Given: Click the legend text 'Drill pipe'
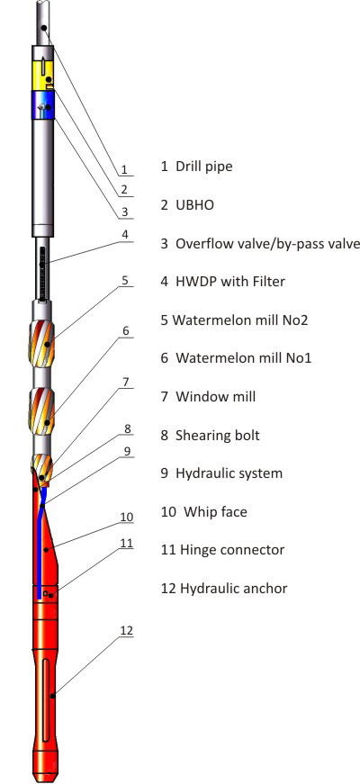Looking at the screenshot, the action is (204, 166).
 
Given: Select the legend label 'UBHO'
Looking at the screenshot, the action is (194, 204).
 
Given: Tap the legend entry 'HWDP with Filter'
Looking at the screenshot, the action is (230, 282).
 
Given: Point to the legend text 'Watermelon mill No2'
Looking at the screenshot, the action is (240, 320).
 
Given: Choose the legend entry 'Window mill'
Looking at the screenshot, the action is (215, 396).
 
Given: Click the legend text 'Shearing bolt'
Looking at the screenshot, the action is (218, 435).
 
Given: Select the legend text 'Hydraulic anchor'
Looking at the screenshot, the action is (233, 589).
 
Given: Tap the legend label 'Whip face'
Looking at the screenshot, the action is (215, 512).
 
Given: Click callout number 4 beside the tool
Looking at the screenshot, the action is (125, 234).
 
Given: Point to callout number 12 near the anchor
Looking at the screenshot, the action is (126, 630).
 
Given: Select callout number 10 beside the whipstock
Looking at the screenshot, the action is (127, 517).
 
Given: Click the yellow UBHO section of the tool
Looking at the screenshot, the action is (43, 75).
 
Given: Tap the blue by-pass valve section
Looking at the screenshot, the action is (43, 104).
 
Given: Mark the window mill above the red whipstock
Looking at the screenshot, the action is (42, 466).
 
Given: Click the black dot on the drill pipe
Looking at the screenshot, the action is (44, 27).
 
